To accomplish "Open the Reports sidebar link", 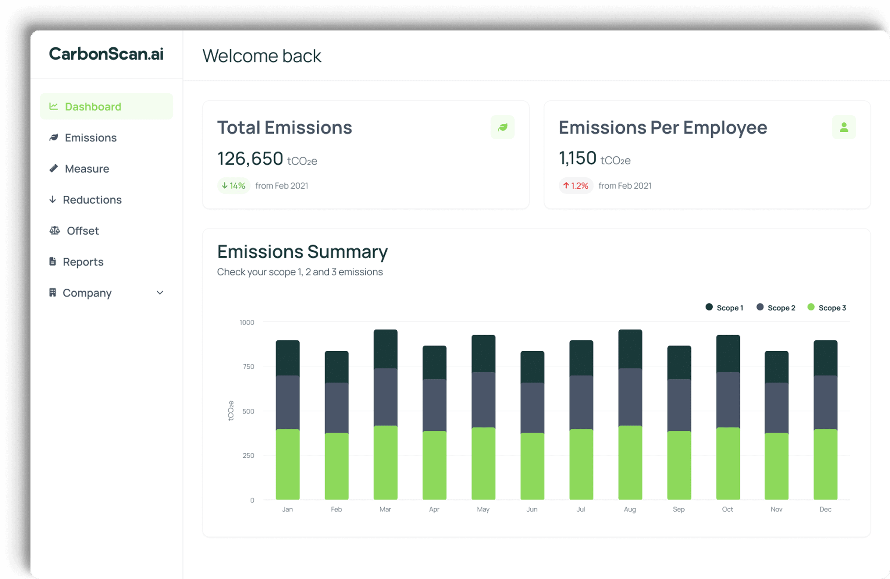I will pos(83,262).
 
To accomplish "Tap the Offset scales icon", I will pos(55,231).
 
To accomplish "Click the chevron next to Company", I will pos(160,293).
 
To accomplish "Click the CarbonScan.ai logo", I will pos(106,54).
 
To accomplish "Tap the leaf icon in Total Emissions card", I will pos(502,127).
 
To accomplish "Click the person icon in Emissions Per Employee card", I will pos(844,127).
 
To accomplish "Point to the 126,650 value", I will pos(250,158).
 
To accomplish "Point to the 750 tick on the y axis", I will pos(248,367).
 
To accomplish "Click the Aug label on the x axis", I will pos(630,509).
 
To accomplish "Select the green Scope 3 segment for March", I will pos(385,463).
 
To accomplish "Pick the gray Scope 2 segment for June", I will pos(532,407).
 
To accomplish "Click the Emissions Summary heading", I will pos(302,252).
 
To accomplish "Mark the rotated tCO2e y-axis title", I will pos(231,410).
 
